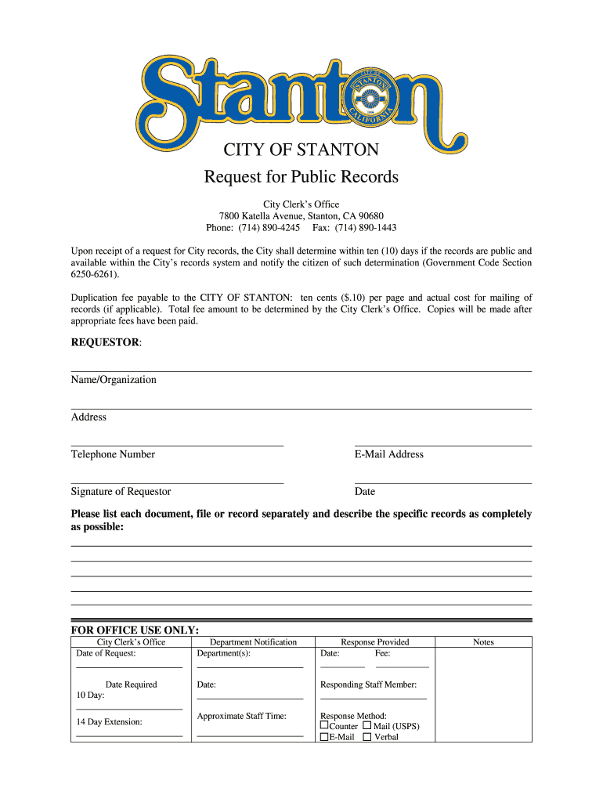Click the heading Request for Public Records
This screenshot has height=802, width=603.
pyautogui.click(x=301, y=177)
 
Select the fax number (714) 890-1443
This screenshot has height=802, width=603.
pyautogui.click(x=366, y=228)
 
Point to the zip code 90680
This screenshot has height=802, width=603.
pyautogui.click(x=369, y=216)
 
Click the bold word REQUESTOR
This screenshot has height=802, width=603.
pyautogui.click(x=105, y=343)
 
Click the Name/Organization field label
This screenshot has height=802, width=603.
pyautogui.click(x=114, y=380)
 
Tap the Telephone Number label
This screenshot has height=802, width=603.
pyautogui.click(x=113, y=454)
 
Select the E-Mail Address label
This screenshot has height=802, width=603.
pyautogui.click(x=388, y=454)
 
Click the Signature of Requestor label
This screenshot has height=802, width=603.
pyautogui.click(x=121, y=492)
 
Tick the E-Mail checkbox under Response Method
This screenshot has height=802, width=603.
pyautogui.click(x=324, y=737)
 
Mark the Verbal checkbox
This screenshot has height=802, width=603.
pyautogui.click(x=366, y=737)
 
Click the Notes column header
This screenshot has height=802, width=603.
pyautogui.click(x=483, y=642)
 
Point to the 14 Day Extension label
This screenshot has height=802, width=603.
pyautogui.click(x=110, y=722)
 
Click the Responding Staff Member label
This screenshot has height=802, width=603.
pyautogui.click(x=368, y=685)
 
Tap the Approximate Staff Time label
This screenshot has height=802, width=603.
pyautogui.click(x=242, y=716)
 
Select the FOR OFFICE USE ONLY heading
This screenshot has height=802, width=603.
pyautogui.click(x=135, y=630)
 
